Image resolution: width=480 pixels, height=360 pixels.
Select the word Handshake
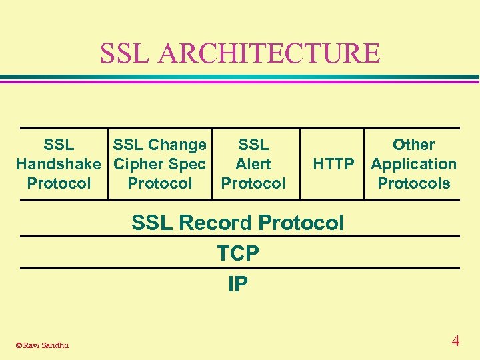pos(59,164)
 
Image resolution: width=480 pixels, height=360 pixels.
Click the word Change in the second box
pos(177,145)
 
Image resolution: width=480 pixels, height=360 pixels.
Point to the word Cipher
pos(137,164)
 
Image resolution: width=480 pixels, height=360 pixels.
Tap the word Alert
pos(253,164)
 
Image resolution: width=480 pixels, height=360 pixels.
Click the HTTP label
pos(333,164)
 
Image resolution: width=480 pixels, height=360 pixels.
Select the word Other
pos(413,145)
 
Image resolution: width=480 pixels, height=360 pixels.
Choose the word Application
pos(413,164)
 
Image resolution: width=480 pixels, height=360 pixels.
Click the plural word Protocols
pos(413,183)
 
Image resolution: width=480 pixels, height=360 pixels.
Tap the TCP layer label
pos(238,253)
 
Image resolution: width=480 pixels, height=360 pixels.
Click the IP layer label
pos(238,285)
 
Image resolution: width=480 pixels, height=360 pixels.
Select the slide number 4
pos(455,341)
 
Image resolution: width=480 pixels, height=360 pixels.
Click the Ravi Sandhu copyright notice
pos(41,345)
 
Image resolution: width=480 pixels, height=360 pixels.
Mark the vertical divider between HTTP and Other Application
pos(365,164)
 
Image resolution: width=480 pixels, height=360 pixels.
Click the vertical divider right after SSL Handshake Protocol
pos(108,164)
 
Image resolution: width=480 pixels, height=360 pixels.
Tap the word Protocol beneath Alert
pos(253,183)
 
